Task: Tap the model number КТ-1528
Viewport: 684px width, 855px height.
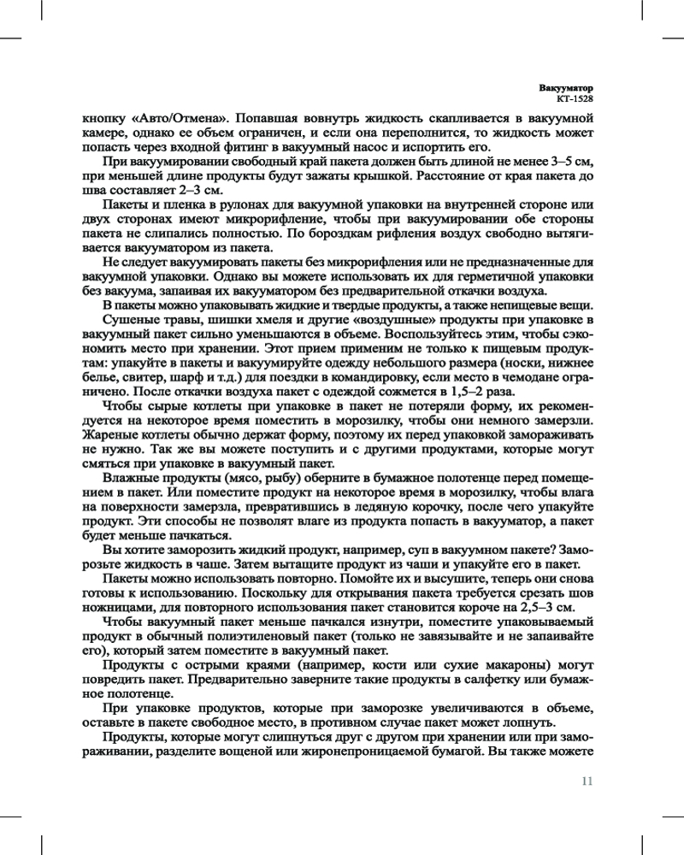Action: coord(575,99)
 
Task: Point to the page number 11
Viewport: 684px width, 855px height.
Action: coord(587,781)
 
